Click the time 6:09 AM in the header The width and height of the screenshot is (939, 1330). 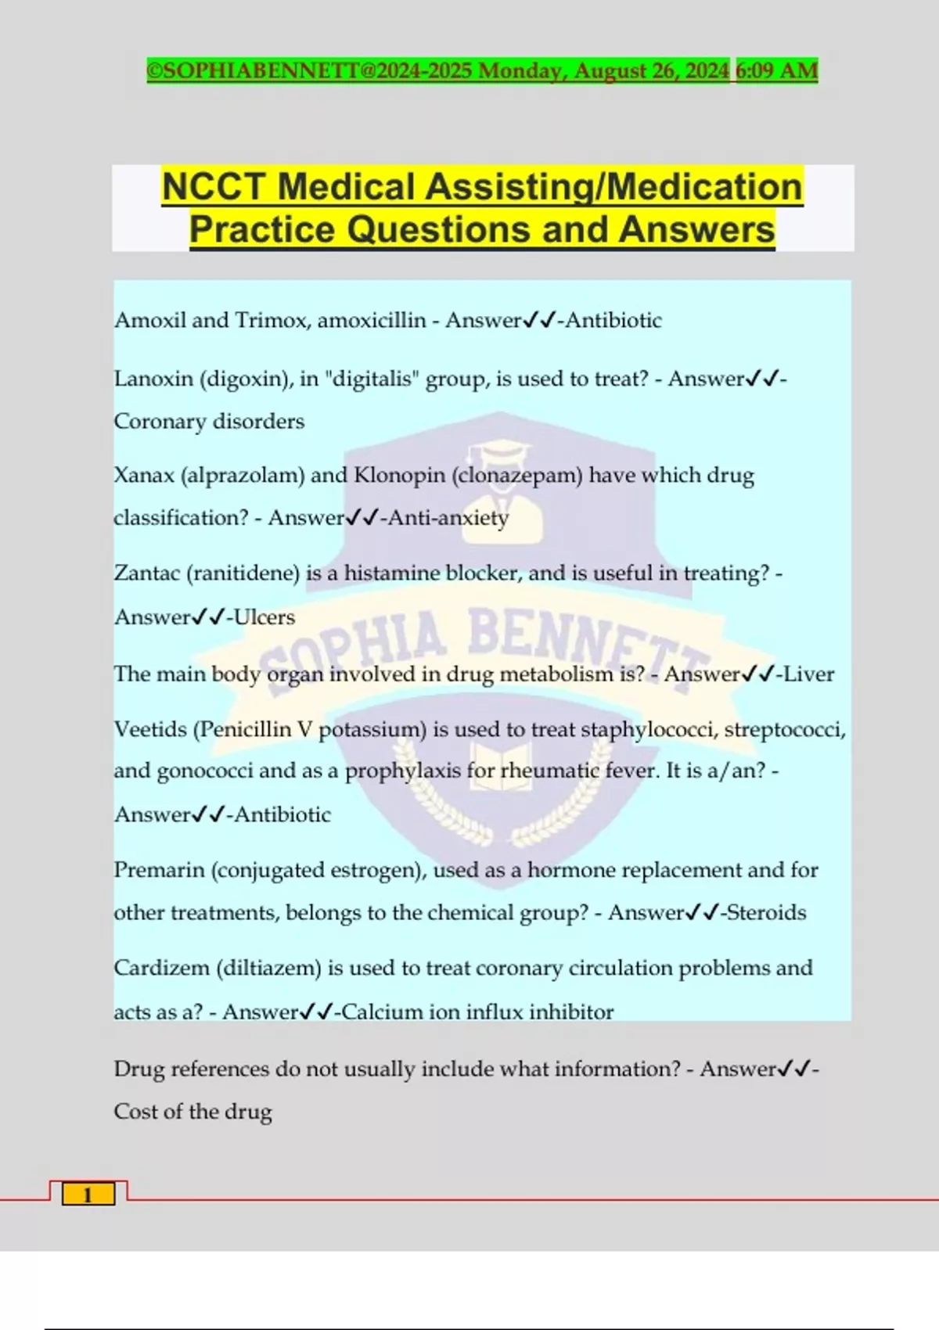776,71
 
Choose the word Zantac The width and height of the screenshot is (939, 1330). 147,573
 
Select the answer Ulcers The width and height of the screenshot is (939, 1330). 264,617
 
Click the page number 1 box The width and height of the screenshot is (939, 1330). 88,1195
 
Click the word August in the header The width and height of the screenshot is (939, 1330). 610,71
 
